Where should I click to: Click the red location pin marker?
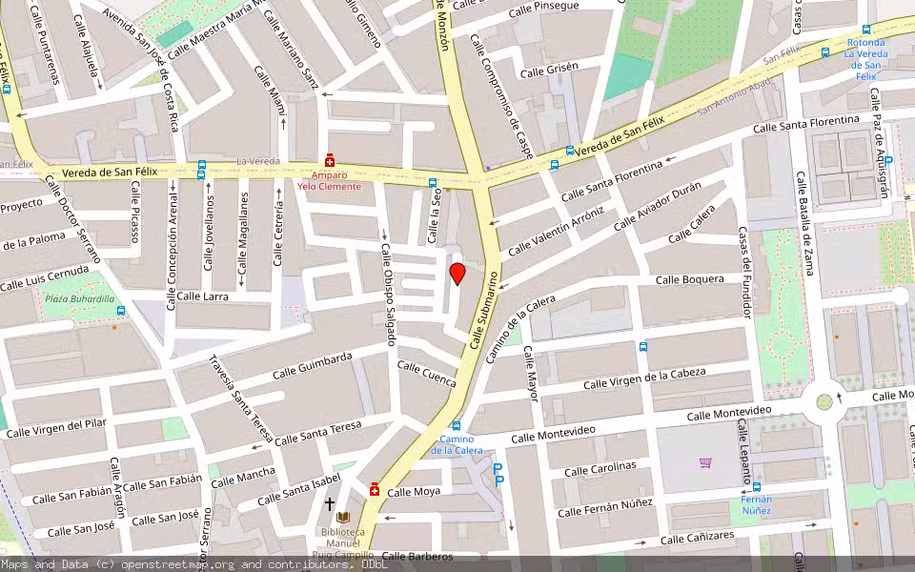coord(457,275)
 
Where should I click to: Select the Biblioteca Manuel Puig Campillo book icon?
coord(343,516)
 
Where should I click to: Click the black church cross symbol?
coord(330,503)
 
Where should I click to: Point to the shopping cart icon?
coord(705,462)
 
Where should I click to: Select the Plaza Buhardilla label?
coord(79,298)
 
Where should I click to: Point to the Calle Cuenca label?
coord(427,374)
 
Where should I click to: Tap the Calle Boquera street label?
coord(690,279)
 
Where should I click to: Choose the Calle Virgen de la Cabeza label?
coord(644,378)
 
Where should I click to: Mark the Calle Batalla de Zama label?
coord(805,223)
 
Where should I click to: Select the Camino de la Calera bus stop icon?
coord(457,426)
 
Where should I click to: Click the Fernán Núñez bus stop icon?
coord(757,486)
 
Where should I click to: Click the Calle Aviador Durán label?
coord(658,205)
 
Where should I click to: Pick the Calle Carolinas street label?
coord(600,468)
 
